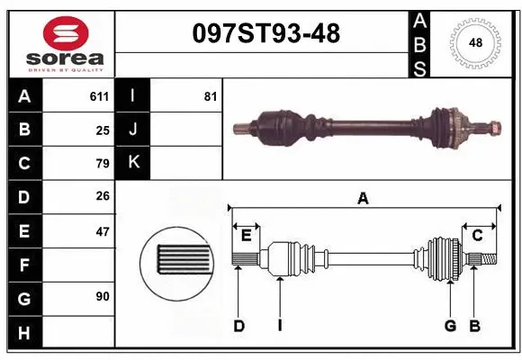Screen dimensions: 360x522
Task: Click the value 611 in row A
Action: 99,96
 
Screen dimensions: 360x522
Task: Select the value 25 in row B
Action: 103,130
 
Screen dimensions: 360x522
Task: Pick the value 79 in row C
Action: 102,164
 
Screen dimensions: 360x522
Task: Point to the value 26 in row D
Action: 102,197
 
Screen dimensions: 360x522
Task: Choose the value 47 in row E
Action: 102,231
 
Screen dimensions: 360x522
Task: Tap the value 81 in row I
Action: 210,96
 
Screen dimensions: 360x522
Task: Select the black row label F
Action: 24,265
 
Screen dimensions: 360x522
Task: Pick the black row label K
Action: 133,163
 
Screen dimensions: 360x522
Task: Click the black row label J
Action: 133,130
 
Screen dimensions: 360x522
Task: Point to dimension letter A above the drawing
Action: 364,199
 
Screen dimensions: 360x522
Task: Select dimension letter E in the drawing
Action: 246,236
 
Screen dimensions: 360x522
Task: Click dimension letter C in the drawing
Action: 478,236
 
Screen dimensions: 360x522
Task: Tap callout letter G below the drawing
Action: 450,326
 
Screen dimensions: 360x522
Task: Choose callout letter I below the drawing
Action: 280,326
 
